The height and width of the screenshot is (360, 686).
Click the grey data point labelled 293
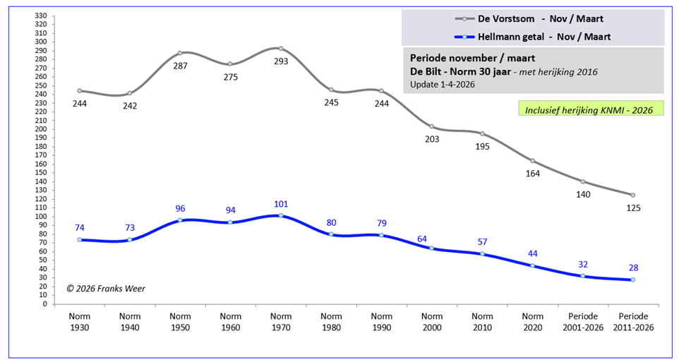coord(281,49)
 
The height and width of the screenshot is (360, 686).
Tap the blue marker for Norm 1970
coord(281,215)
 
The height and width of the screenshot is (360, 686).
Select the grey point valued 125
coord(633,195)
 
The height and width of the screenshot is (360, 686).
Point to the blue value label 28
coord(633,268)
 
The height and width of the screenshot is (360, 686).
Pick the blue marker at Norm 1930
coord(80,239)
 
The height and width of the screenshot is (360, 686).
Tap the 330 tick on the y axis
coord(40,16)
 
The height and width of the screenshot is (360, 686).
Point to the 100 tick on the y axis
coord(40,217)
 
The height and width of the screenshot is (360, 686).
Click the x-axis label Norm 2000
coord(432,321)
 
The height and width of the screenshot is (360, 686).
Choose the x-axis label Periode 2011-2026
coord(633,321)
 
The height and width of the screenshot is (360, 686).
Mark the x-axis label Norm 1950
coord(180,321)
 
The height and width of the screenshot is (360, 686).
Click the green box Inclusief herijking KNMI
coord(590,109)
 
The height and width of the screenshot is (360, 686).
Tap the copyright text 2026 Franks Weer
coord(107,288)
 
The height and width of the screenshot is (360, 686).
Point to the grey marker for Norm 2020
coord(533,161)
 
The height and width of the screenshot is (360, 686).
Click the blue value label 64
coord(432,239)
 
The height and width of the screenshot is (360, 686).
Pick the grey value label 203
coord(432,139)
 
